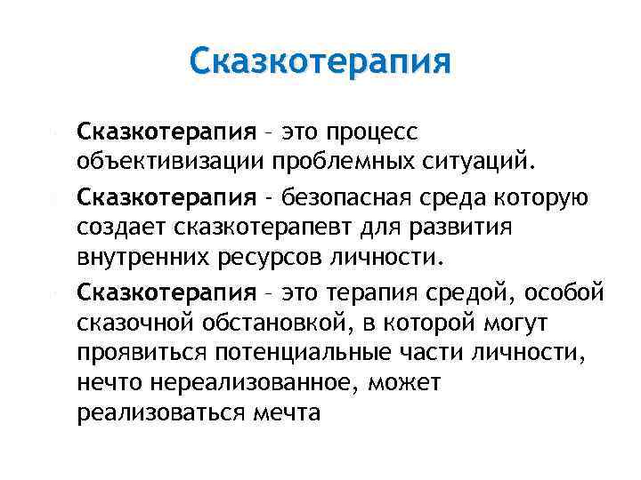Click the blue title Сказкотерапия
tap(320, 62)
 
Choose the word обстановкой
tap(274, 321)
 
